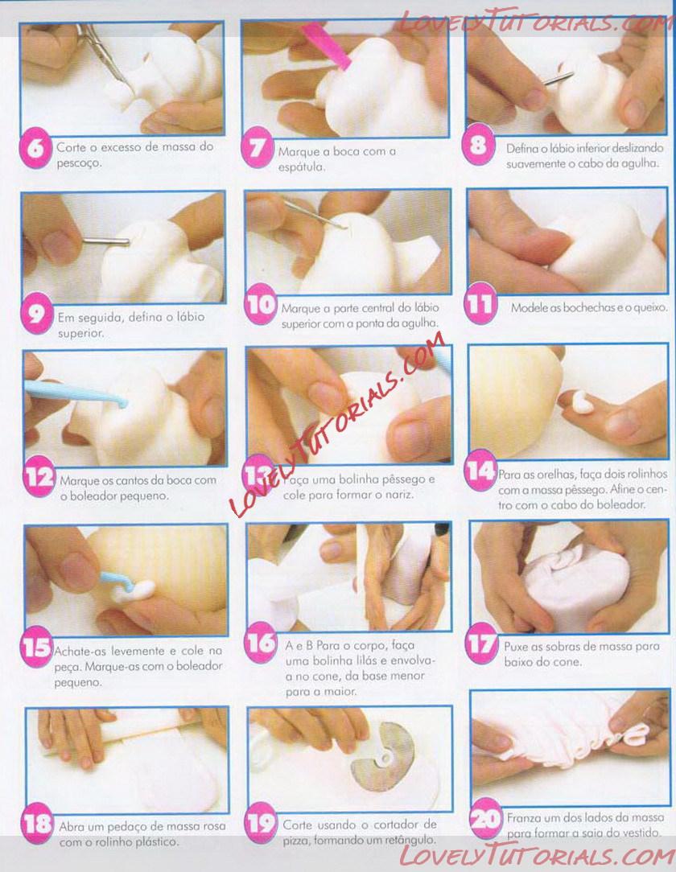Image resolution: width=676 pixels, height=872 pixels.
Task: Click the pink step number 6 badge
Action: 35,149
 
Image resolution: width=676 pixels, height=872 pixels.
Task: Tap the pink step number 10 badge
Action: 261,304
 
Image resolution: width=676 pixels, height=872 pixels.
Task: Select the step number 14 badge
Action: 480,471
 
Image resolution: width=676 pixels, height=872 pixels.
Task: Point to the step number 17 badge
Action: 480,644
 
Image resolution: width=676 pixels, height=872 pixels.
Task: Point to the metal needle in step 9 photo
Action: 105,241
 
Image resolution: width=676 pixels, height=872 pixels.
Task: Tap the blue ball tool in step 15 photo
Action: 118,582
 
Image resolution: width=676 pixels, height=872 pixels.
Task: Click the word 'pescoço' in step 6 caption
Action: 79,163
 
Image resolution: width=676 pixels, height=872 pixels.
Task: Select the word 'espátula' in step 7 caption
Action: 301,167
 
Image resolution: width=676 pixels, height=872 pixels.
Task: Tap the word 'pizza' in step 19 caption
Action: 296,841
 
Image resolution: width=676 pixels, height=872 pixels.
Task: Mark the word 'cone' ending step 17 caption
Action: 568,662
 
